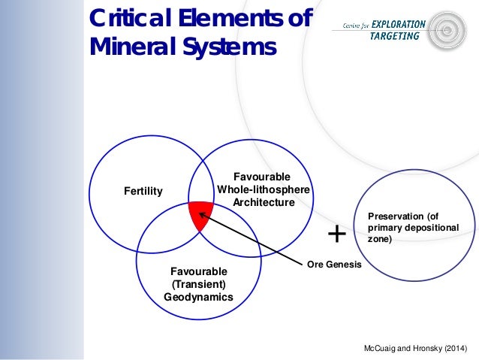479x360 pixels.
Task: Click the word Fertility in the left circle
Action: (143, 192)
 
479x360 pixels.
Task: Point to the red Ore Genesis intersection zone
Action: (199, 215)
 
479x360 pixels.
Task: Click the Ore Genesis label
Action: (334, 265)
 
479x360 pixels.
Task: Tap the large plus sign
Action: (337, 234)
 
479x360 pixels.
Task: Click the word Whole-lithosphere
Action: (263, 189)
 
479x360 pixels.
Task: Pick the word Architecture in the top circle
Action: (263, 202)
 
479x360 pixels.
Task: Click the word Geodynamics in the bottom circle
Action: (198, 297)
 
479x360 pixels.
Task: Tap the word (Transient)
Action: (198, 284)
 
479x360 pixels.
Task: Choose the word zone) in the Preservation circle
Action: (380, 239)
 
